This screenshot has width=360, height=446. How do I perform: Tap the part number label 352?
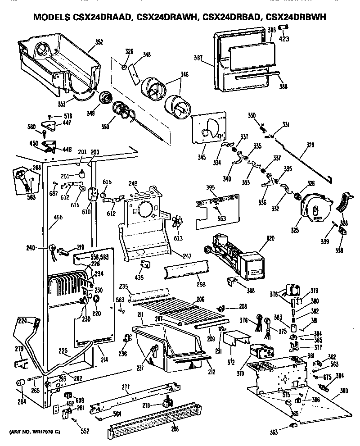click(x=99, y=42)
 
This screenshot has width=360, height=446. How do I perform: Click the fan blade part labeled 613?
click(x=178, y=224)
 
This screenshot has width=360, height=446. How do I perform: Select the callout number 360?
click(x=344, y=390)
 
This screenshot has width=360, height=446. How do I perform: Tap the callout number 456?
click(x=58, y=217)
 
